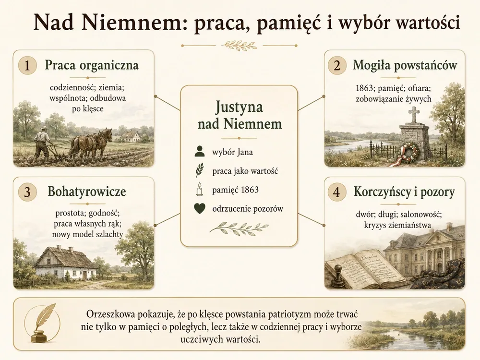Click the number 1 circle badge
27,65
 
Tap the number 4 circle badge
337,192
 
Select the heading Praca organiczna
92,65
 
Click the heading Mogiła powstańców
405,65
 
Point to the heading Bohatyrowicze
86,192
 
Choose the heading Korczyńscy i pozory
404,192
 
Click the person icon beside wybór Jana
200,152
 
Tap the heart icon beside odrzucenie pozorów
200,208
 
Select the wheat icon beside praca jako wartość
200,170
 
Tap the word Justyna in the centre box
239,108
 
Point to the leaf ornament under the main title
240,46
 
